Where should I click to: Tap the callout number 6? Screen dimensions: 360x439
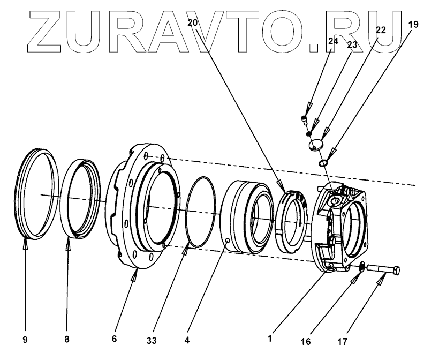coord(113,339)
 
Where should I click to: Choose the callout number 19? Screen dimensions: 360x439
coord(413,24)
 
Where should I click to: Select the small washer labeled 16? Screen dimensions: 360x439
coord(362,266)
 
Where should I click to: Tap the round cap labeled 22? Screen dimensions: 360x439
coord(316,145)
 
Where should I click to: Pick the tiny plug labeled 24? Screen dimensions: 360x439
coord(304,118)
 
